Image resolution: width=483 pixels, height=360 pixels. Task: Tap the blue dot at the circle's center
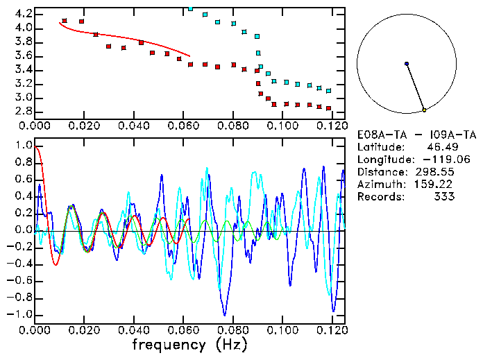coord(407,64)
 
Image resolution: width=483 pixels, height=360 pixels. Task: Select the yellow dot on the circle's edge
coord(424,110)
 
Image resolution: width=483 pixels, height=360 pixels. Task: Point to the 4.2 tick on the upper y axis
coord(23,14)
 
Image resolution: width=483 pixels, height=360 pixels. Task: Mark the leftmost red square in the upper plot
coord(65,21)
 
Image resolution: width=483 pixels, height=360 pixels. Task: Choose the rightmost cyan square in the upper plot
coord(328,91)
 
